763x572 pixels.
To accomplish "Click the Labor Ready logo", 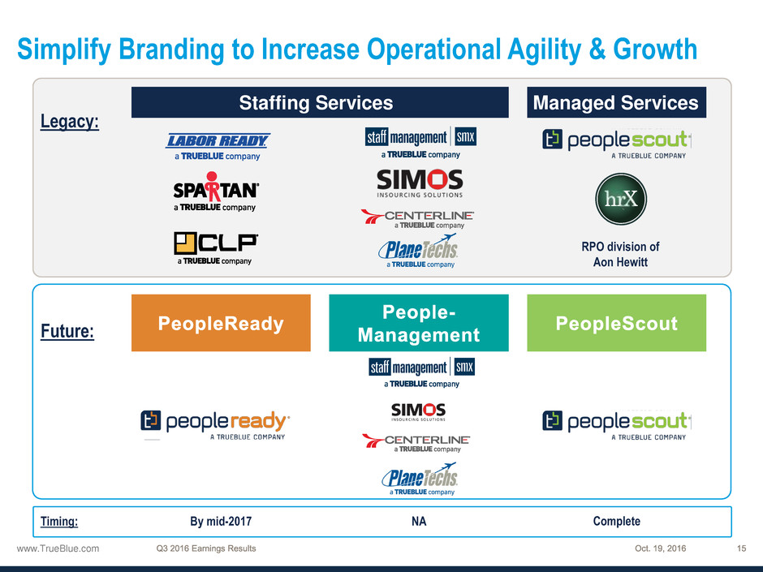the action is [x=218, y=146].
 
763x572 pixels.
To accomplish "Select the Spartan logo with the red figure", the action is [x=216, y=191].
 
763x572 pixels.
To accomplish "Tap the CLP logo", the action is [x=215, y=248].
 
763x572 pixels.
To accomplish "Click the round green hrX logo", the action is [x=621, y=199].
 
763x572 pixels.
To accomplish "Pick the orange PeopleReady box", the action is [x=221, y=323].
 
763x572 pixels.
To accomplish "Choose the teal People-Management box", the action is [x=419, y=323].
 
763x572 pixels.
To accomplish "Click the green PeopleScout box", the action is [x=617, y=323].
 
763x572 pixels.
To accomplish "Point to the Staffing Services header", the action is [x=320, y=102].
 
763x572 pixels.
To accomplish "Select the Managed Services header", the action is [x=617, y=102].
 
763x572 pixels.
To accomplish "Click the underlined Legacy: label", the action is [x=70, y=122].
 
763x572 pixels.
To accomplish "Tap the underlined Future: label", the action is [x=67, y=331].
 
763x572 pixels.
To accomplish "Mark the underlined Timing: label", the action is [x=59, y=522].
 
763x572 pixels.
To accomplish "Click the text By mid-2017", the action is [x=221, y=522].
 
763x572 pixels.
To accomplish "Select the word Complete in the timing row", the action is [x=617, y=522].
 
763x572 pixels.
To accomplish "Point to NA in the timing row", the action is [x=419, y=522].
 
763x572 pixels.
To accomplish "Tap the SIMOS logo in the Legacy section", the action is [x=420, y=183].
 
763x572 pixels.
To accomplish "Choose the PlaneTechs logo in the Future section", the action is [x=420, y=480].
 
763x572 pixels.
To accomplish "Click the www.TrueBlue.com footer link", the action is [x=58, y=548].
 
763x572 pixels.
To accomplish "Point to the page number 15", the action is [x=741, y=548].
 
